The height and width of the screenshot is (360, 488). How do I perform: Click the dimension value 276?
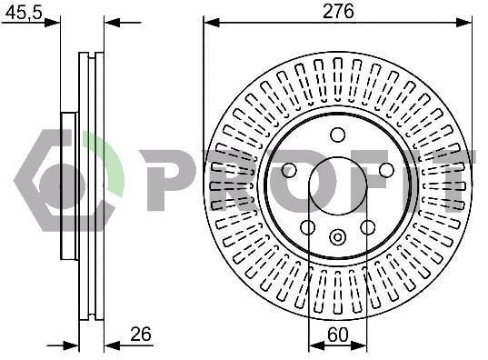click(x=338, y=12)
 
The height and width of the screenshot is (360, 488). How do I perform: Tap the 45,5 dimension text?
click(x=24, y=13)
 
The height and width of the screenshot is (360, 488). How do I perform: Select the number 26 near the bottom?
click(x=141, y=335)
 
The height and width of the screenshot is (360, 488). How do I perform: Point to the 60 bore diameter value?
click(x=338, y=335)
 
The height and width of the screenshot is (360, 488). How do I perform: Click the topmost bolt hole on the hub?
click(x=338, y=135)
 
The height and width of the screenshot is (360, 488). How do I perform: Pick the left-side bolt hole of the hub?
click(x=289, y=170)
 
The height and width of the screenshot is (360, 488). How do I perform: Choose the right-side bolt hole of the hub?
click(x=386, y=170)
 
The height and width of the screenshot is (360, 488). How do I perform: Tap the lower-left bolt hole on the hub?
click(x=308, y=227)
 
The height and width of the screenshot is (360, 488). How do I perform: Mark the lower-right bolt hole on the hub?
click(x=367, y=227)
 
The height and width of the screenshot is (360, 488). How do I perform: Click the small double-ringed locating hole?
click(x=338, y=236)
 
